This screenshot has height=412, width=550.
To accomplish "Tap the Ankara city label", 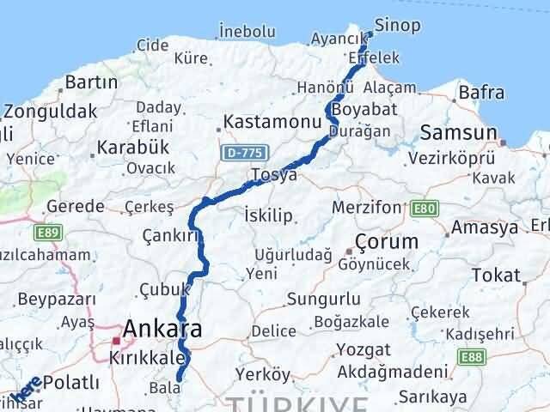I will pyautogui.click(x=162, y=328).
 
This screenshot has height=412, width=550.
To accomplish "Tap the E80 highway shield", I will pyautogui.click(x=424, y=208).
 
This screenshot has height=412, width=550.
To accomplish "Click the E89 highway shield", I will pyautogui.click(x=46, y=232).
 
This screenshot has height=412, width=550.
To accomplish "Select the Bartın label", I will pyautogui.click(x=90, y=82).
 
